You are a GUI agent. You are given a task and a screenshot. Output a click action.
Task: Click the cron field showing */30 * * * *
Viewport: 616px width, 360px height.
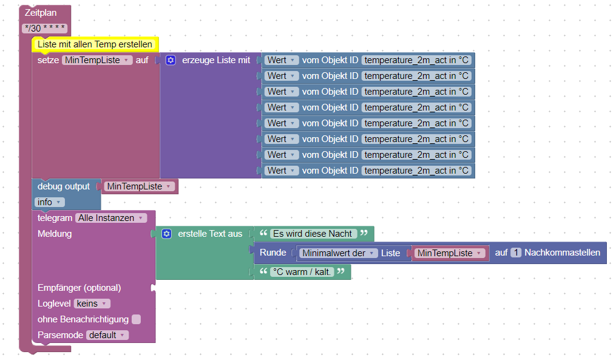tap(45, 29)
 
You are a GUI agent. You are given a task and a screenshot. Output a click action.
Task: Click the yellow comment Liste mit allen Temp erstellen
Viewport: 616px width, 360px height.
tap(95, 44)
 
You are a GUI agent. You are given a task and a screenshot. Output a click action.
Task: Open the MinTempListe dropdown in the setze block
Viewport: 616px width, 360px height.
tap(97, 60)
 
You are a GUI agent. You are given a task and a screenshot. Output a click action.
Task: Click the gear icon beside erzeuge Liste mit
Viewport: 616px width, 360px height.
tap(171, 60)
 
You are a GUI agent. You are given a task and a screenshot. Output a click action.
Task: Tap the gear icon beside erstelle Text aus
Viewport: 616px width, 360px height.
tap(166, 234)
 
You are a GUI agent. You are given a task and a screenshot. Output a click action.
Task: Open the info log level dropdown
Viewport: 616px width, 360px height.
tap(49, 202)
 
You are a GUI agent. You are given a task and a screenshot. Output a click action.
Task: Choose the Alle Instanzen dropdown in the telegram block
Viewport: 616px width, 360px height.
tap(111, 218)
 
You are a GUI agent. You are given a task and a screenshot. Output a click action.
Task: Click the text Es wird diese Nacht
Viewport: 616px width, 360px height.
tap(313, 234)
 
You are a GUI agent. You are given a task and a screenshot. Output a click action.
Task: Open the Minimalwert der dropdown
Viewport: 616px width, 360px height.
tap(339, 253)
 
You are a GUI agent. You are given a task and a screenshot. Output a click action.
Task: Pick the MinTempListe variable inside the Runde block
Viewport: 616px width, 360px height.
tap(449, 253)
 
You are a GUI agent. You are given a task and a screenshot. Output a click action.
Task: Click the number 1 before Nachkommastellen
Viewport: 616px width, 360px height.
tap(516, 253)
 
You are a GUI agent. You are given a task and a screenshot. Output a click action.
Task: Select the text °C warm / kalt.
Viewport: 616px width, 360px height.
tap(302, 272)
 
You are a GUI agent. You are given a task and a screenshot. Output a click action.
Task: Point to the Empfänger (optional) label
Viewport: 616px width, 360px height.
tap(79, 288)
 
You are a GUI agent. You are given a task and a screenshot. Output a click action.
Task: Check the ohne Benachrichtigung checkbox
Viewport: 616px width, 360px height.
tap(137, 319)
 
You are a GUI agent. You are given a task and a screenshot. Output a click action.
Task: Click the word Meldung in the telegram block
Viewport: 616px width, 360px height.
tap(55, 234)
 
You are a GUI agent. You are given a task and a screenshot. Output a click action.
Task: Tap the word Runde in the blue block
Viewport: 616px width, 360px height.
tap(272, 253)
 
